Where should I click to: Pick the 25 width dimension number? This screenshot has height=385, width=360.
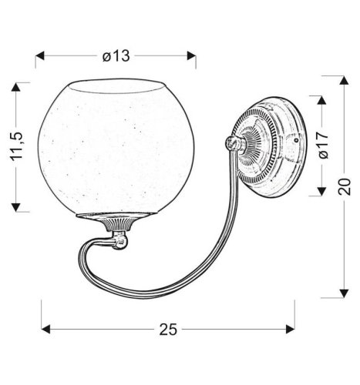click(x=168, y=329)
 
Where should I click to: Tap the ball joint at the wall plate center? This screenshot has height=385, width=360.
click(x=230, y=143)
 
